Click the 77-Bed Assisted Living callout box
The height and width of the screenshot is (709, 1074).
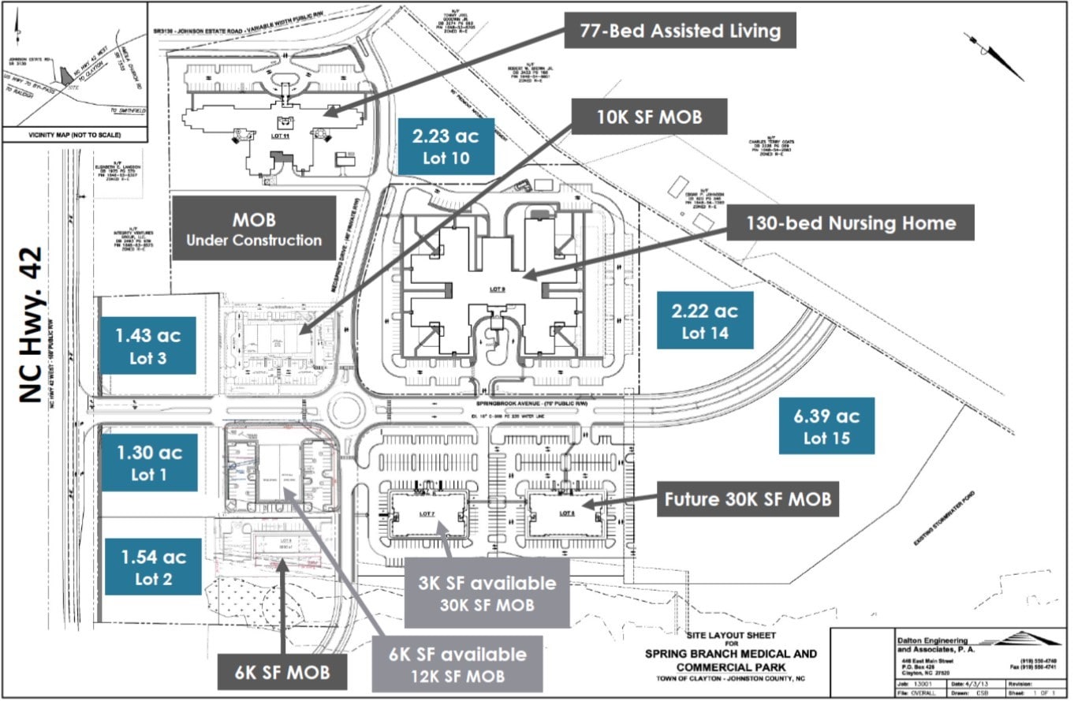679,32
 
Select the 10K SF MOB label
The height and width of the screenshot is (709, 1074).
649,118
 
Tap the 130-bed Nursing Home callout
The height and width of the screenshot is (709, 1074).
851,223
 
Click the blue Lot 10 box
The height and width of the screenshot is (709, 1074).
446,147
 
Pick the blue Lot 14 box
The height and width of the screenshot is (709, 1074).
704,321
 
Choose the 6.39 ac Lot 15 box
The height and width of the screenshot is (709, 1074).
826,426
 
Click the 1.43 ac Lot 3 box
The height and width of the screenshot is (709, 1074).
148,346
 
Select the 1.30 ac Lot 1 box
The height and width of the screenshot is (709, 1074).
149,463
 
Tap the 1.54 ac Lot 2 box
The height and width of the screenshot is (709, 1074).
153,567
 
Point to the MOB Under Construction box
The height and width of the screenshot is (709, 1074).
254,229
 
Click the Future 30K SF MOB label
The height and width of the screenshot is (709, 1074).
747,499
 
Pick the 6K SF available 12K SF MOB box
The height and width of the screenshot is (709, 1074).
457,664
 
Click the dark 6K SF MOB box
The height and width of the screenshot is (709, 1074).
282,672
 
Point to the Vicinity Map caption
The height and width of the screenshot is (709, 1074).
75,135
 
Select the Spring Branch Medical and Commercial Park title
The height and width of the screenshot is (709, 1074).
730,660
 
